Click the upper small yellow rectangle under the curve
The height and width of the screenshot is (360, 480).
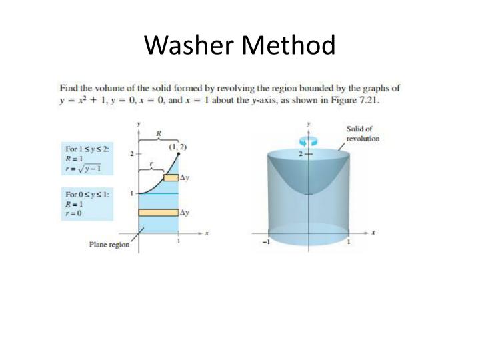(x=171, y=177)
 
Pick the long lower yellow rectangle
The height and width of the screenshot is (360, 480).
(x=158, y=213)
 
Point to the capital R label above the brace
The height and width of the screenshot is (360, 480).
(x=158, y=133)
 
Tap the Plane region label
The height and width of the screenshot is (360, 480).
(x=109, y=245)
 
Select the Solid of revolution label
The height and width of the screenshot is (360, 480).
(x=363, y=133)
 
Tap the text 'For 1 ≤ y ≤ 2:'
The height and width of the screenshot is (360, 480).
(x=87, y=149)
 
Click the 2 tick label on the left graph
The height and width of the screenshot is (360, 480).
(x=131, y=153)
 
